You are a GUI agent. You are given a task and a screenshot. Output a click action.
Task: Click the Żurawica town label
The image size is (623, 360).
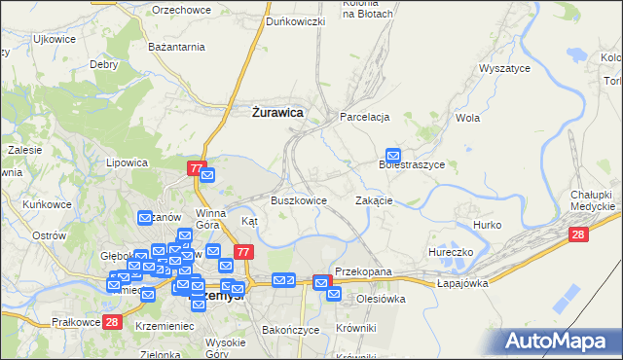[273, 113]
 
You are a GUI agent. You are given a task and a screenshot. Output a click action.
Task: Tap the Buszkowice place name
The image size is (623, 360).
[298, 200]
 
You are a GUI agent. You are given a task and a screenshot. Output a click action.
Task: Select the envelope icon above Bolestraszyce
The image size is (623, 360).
[393, 155]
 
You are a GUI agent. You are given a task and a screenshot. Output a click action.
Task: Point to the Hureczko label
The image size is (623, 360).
[450, 252]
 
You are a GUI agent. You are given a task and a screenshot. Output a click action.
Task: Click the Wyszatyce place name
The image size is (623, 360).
[503, 69]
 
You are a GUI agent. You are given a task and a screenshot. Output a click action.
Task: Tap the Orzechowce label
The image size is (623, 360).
[182, 10]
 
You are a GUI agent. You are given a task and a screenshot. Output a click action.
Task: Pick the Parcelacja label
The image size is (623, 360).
[364, 117]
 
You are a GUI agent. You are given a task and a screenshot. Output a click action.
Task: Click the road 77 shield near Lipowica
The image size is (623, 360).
[197, 169]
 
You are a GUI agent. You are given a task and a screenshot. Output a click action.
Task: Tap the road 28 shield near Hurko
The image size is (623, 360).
[578, 234]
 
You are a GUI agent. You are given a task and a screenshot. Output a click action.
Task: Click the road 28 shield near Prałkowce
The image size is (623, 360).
[112, 322]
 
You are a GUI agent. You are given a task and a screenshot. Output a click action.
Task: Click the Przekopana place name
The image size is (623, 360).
[362, 271]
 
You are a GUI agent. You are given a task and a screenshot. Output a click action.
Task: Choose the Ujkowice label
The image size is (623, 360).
[55, 40]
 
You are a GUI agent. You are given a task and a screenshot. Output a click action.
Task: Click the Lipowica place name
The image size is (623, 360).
[127, 162]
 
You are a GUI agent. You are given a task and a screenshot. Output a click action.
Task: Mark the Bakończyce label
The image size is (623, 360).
[291, 330]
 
